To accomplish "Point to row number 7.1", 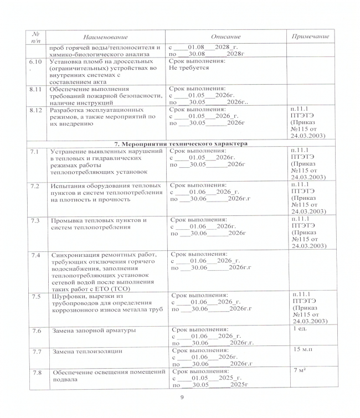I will pyautogui.click(x=34, y=151).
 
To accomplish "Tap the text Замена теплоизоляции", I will pyautogui.click(x=88, y=352).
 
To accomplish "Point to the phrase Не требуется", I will pyautogui.click(x=189, y=68).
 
